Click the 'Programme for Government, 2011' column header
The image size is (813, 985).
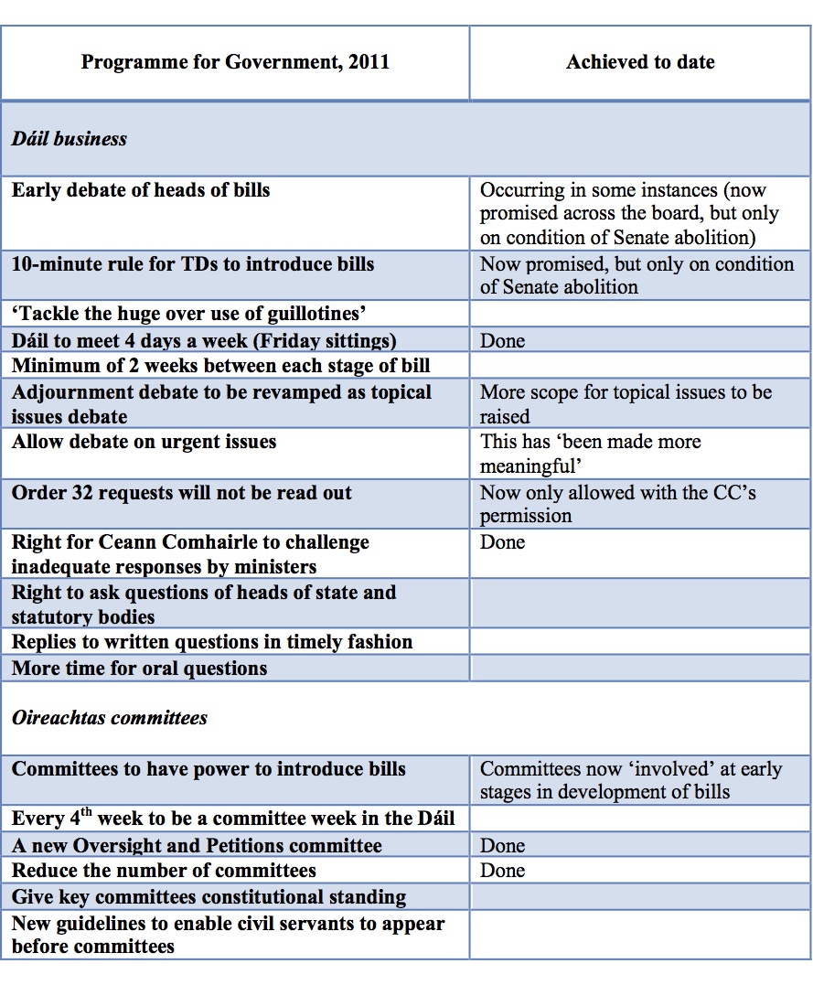(x=235, y=62)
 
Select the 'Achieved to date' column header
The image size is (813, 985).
(x=640, y=62)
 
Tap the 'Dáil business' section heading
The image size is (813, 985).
(x=70, y=139)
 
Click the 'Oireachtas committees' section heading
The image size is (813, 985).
(x=110, y=718)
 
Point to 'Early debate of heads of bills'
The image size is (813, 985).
(x=141, y=190)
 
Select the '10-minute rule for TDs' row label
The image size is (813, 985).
(x=193, y=264)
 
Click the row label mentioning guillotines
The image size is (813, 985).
(x=189, y=315)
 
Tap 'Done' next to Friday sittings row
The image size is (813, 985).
(x=503, y=341)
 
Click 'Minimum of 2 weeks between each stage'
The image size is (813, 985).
(x=221, y=366)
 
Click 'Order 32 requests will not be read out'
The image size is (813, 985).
(x=182, y=493)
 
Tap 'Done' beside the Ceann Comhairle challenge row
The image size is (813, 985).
(x=503, y=542)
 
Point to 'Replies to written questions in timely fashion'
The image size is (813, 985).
(x=212, y=642)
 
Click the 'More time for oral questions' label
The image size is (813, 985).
(x=140, y=669)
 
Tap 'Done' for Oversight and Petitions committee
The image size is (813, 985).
(x=503, y=846)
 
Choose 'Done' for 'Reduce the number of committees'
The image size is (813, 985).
(x=503, y=871)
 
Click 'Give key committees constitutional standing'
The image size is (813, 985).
(x=209, y=897)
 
